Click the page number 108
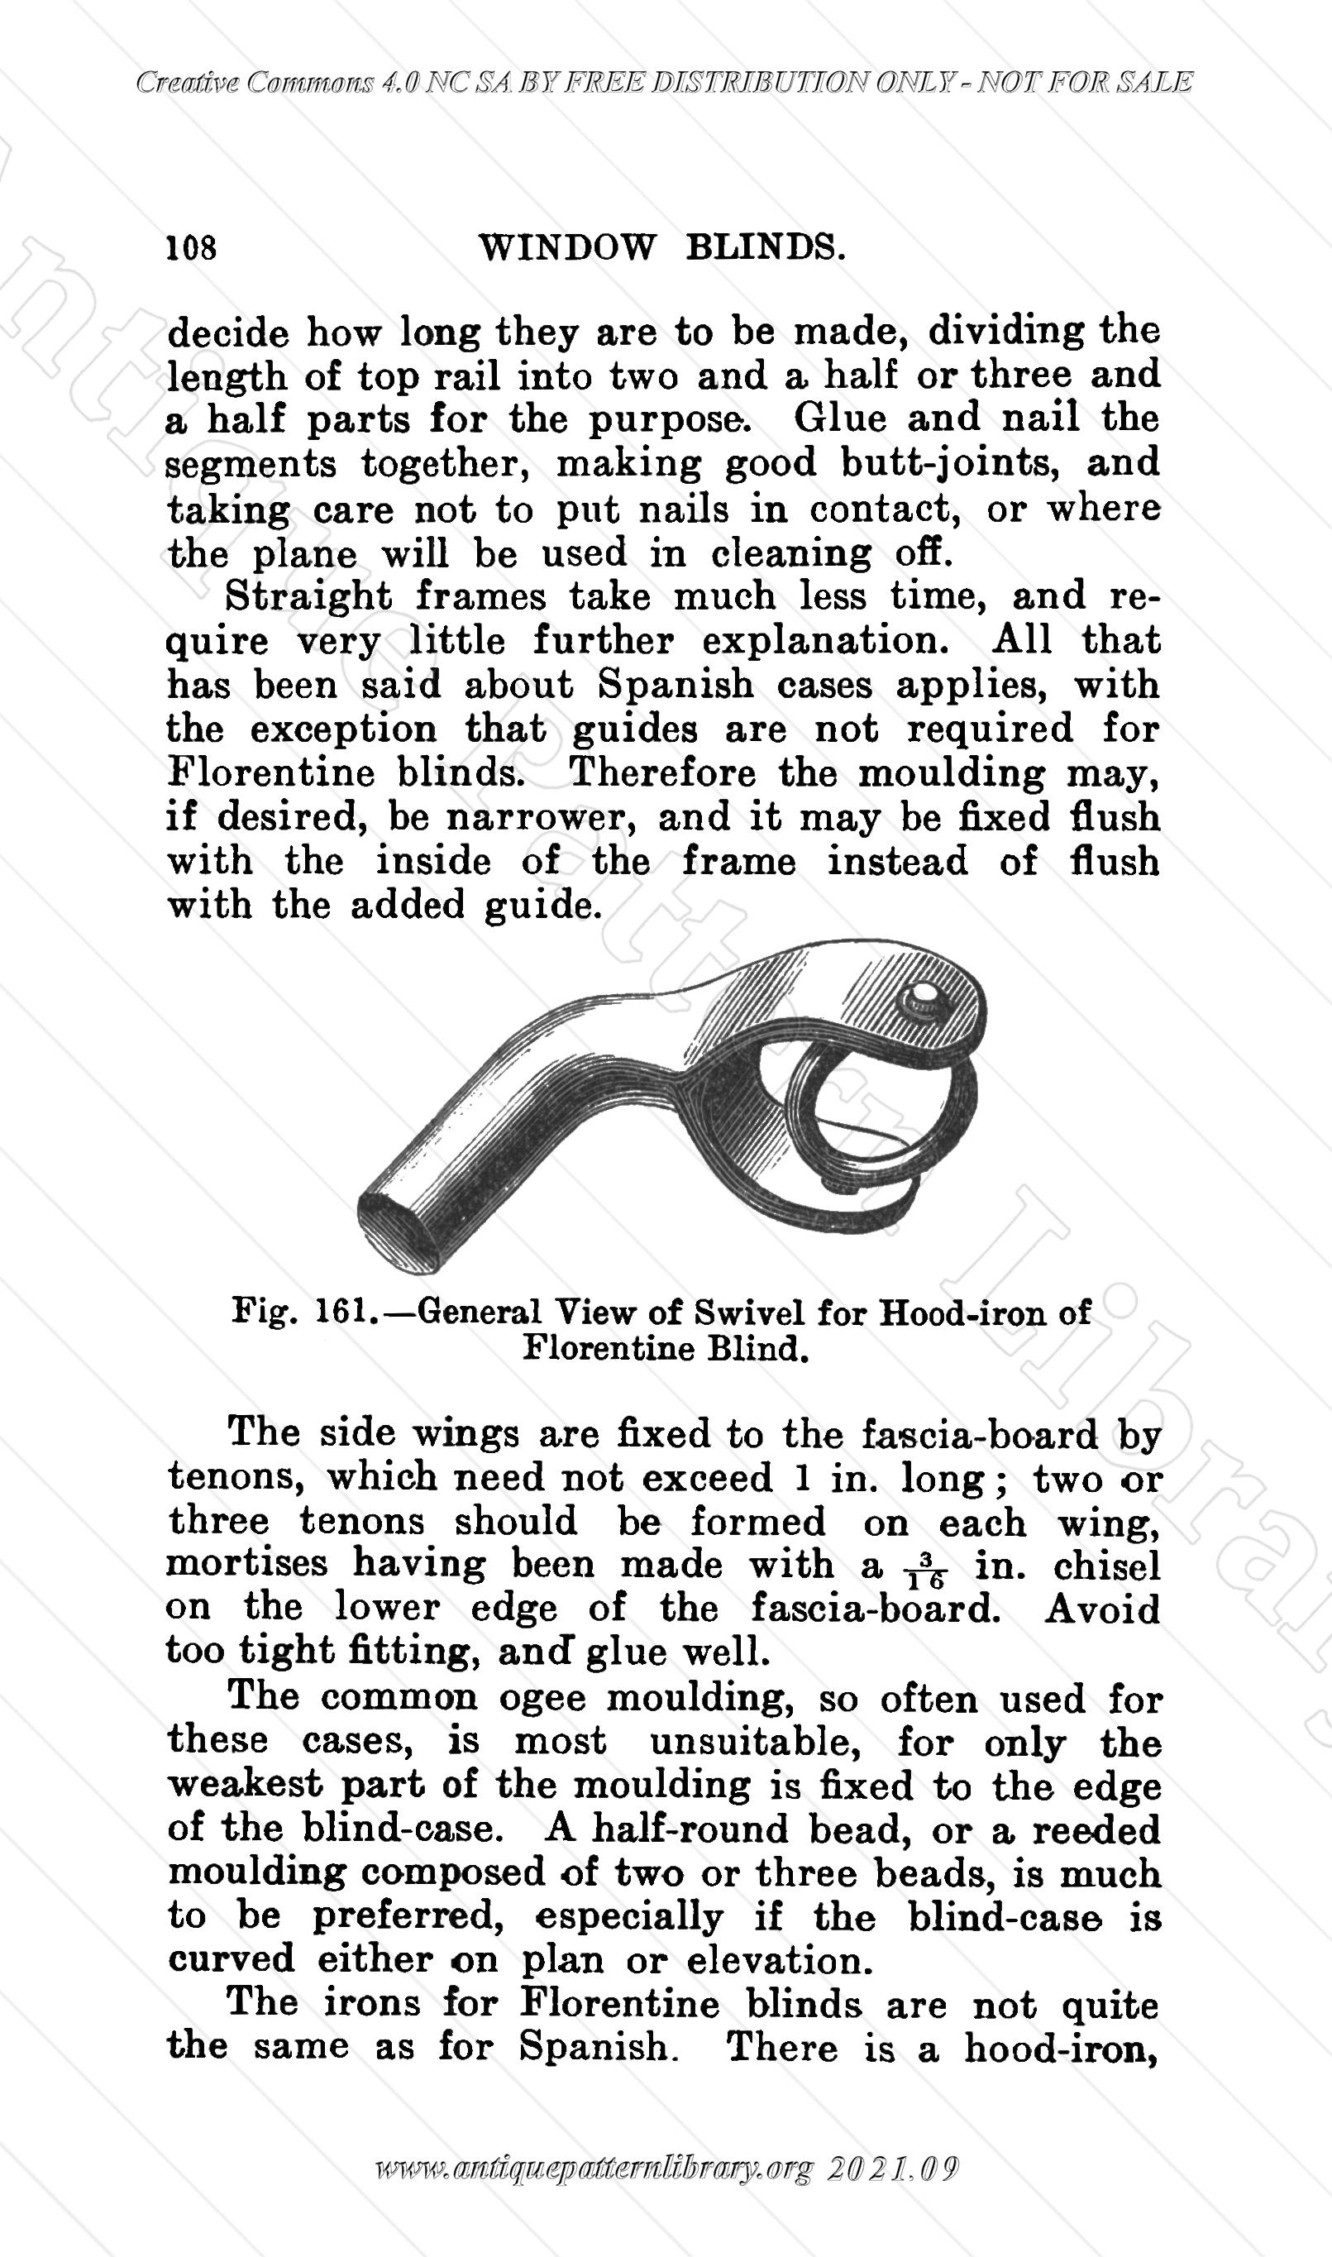[x=191, y=247]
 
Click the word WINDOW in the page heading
[x=567, y=247]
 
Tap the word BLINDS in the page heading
[x=765, y=247]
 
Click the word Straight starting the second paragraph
[x=308, y=597]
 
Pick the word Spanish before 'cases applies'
[x=675, y=685]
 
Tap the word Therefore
[x=662, y=773]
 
